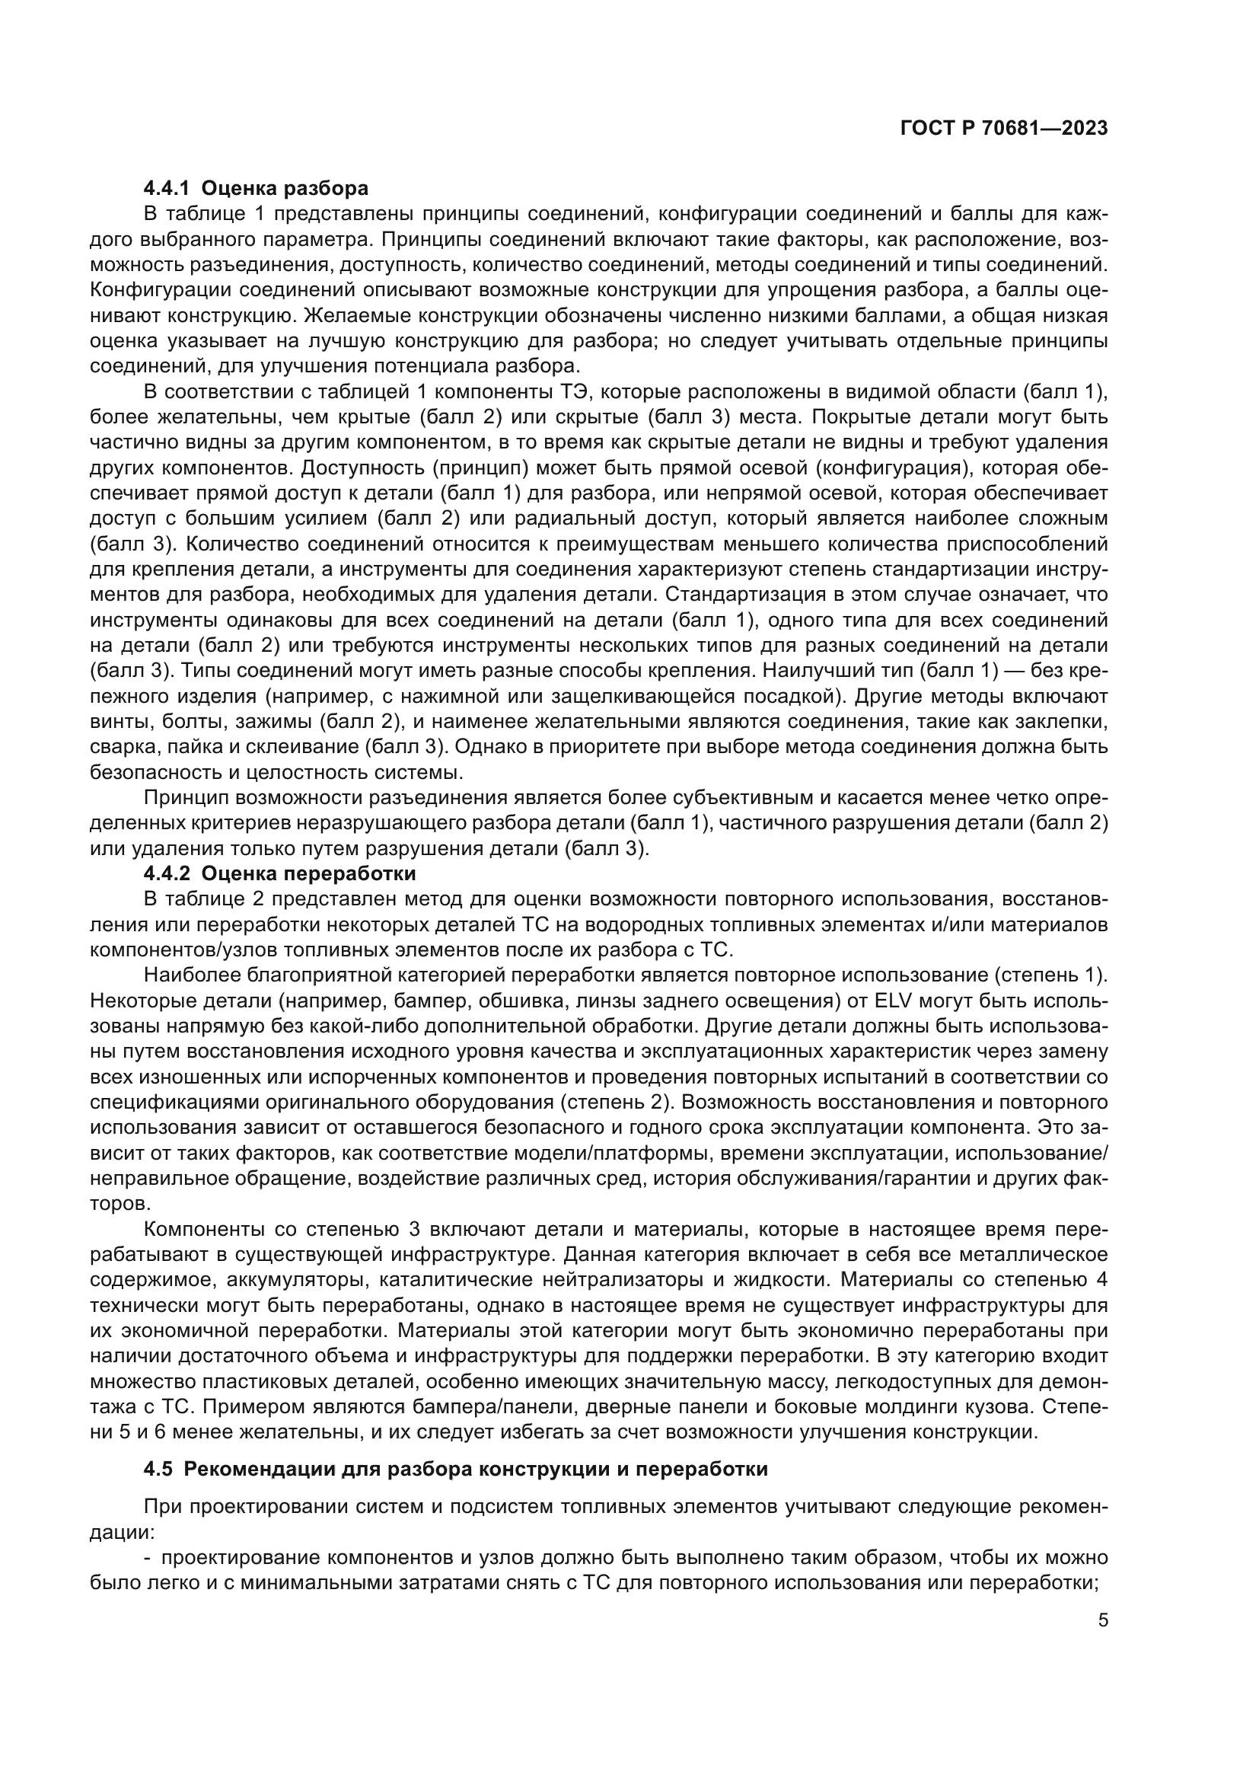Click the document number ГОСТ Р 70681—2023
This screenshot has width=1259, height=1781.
point(1003,129)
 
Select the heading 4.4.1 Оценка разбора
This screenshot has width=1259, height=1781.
point(256,189)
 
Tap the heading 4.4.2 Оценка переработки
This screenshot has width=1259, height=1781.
point(280,874)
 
